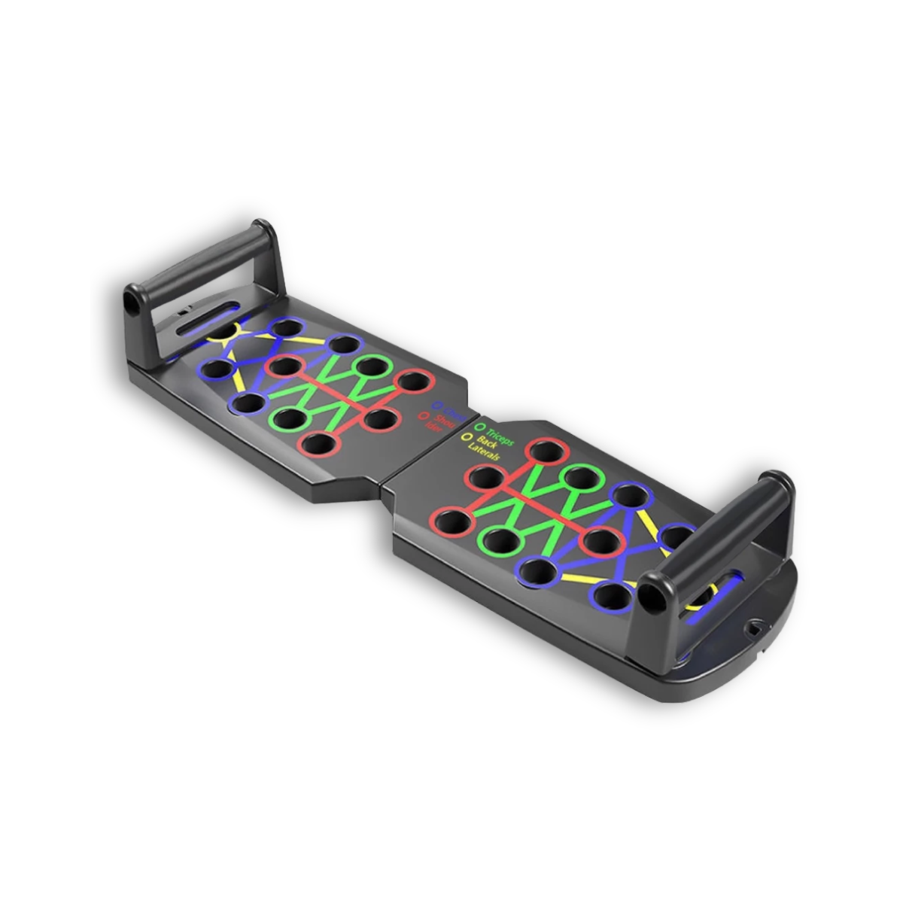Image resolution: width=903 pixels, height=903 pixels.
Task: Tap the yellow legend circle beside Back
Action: click(x=466, y=436)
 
